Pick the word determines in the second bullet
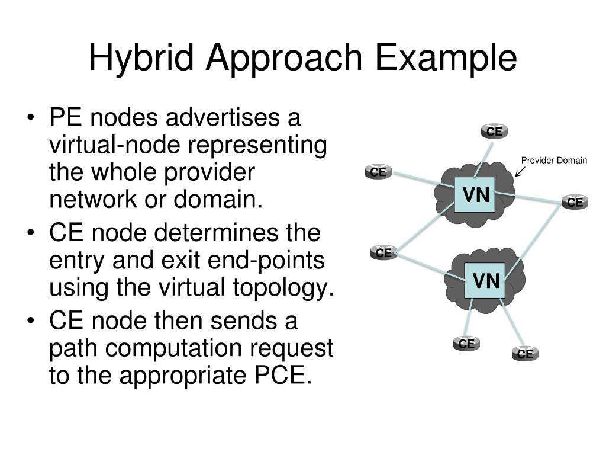pyautogui.click(x=217, y=233)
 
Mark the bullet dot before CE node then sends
pyautogui.click(x=33, y=322)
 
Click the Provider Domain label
pyautogui.click(x=554, y=160)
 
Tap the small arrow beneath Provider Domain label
pyautogui.click(x=520, y=171)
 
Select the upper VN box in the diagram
pyautogui.click(x=475, y=195)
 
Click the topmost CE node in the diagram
pyautogui.click(x=494, y=132)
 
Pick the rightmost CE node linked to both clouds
pyautogui.click(x=575, y=202)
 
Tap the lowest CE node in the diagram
pyautogui.click(x=525, y=354)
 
